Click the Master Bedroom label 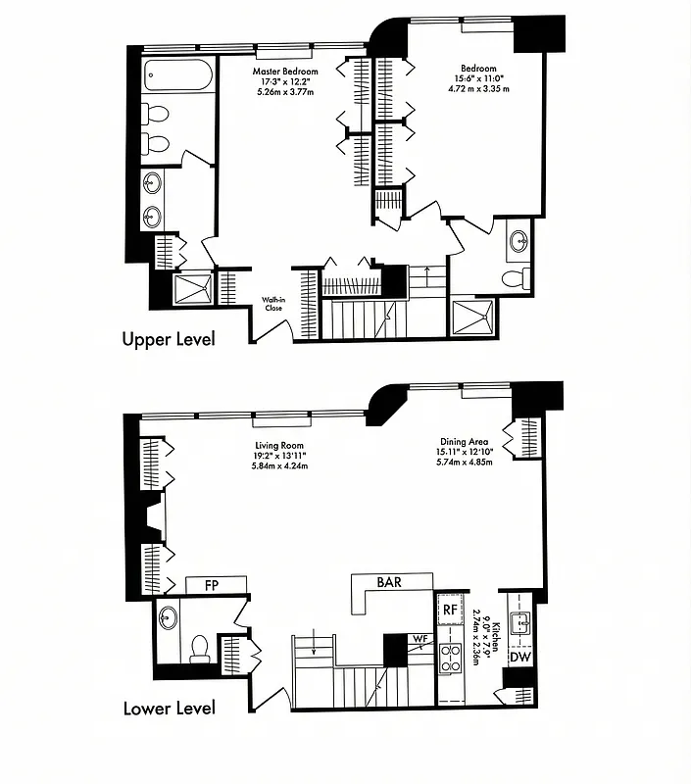point(287,73)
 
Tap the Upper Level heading point(168,339)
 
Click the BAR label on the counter point(389,581)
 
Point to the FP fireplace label point(211,585)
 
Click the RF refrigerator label point(450,609)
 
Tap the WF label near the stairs point(420,639)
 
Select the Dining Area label point(463,441)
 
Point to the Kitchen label point(496,636)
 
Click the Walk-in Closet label point(272,304)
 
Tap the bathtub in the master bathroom point(176,76)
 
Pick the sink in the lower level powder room point(168,619)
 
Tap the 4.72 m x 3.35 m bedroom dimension point(480,89)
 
